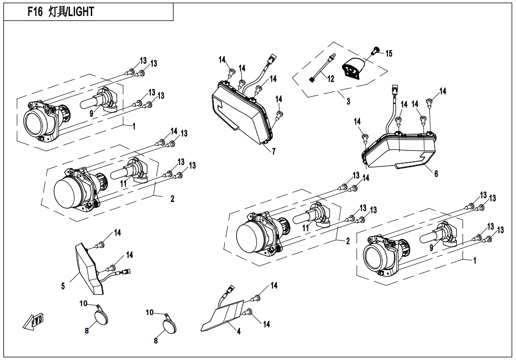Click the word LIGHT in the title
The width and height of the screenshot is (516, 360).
tap(81, 12)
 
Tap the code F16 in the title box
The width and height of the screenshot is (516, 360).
tap(35, 12)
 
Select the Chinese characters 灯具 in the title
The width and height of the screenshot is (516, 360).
tap(57, 12)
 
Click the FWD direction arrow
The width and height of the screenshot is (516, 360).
tap(33, 323)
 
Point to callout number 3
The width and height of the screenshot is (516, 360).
tap(348, 101)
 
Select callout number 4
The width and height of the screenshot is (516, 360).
tap(239, 332)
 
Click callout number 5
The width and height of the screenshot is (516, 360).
tap(63, 286)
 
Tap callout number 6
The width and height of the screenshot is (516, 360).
tap(436, 174)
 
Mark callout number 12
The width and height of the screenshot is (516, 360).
tap(331, 79)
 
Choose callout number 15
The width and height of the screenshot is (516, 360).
tap(389, 53)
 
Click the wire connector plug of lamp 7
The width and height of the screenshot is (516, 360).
tap(271, 61)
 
